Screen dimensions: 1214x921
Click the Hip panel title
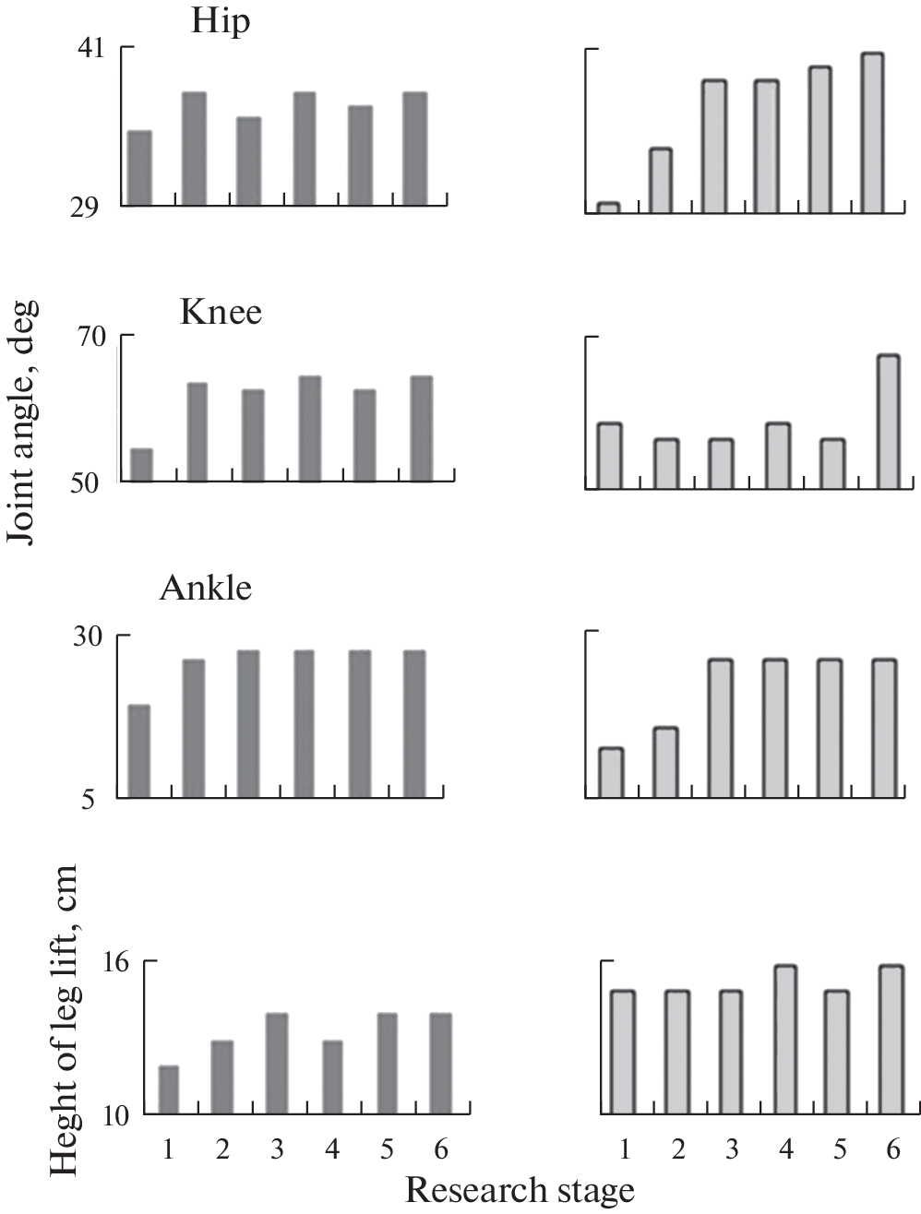point(220,21)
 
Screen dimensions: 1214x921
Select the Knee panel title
point(221,312)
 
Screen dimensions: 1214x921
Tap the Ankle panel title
point(205,588)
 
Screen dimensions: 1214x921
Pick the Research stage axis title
point(520,1190)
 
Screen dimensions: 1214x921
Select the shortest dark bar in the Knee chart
point(141,465)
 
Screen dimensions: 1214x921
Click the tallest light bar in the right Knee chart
point(888,422)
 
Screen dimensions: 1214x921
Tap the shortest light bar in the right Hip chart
point(608,208)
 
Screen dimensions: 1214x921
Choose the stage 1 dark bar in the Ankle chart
point(138,751)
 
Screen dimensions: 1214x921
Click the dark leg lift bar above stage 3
point(277,1064)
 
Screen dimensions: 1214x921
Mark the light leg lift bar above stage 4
point(785,1040)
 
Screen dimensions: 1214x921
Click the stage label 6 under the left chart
point(440,1149)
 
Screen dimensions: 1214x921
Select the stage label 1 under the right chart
point(625,1149)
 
